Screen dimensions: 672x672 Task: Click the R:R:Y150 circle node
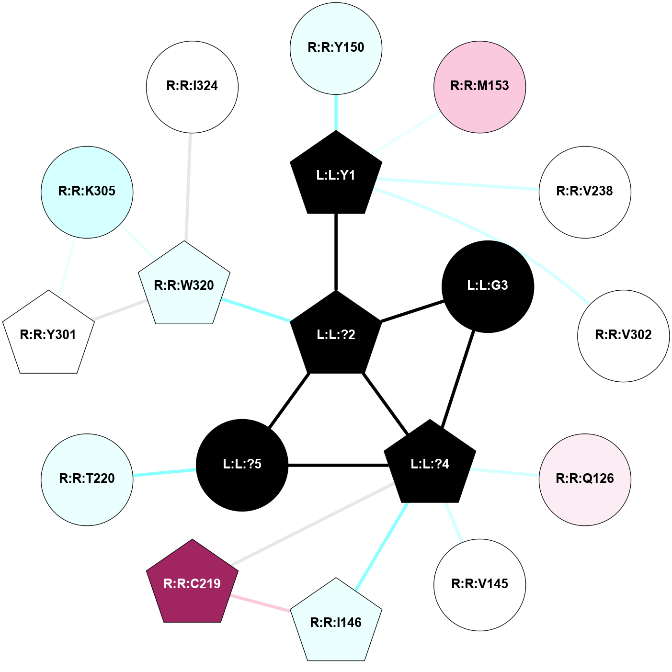pyautogui.click(x=336, y=48)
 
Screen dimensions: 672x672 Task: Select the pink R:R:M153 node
pyautogui.click(x=479, y=86)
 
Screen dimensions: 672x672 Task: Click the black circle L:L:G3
pyautogui.click(x=487, y=286)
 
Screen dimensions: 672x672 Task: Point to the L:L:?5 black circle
pyautogui.click(x=242, y=465)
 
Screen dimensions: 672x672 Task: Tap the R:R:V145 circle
pyautogui.click(x=479, y=584)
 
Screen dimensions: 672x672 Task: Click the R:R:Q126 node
pyautogui.click(x=585, y=479)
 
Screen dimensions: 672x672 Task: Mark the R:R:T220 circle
pyautogui.click(x=87, y=479)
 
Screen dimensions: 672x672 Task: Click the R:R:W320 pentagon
pyautogui.click(x=184, y=285)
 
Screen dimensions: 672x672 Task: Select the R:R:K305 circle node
pyautogui.click(x=87, y=192)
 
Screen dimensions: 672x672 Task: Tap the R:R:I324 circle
pyautogui.click(x=192, y=86)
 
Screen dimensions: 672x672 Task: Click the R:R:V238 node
pyautogui.click(x=585, y=192)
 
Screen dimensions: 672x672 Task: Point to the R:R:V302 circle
pyautogui.click(x=623, y=335)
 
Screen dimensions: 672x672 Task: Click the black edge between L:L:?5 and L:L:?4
pyautogui.click(x=338, y=465)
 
